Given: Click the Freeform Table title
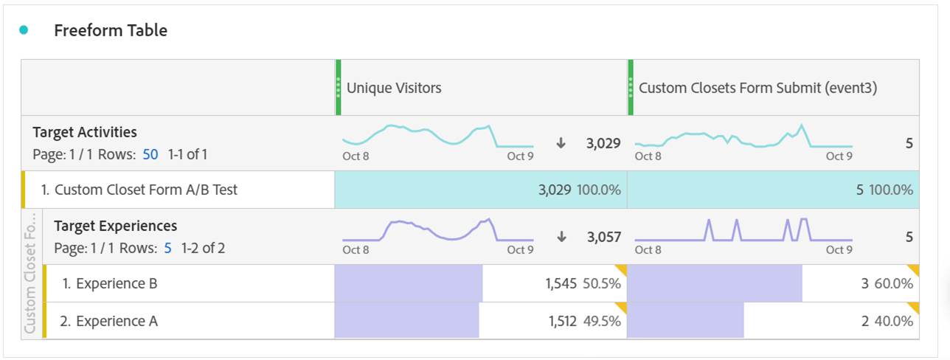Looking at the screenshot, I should click(x=111, y=30).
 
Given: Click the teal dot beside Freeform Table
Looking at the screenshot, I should click(x=24, y=30).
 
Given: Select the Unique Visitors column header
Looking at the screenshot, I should click(x=394, y=88).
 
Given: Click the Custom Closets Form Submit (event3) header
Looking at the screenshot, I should click(x=757, y=88).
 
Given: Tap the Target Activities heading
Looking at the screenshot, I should click(x=85, y=132).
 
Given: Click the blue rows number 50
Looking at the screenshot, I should click(x=150, y=155).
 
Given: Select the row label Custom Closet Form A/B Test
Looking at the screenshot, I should click(x=139, y=190).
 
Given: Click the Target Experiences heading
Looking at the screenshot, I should click(x=115, y=226).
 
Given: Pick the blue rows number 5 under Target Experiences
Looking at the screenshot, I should click(x=167, y=249).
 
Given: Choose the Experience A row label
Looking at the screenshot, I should click(x=109, y=321).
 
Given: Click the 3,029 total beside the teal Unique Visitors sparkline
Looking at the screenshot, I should click(x=603, y=143).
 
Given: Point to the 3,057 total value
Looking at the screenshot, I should click(x=603, y=237).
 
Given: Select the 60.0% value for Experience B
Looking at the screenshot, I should click(x=893, y=283).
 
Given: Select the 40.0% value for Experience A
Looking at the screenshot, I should click(x=893, y=321).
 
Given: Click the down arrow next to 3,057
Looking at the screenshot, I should click(x=561, y=237).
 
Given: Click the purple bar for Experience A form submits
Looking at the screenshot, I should click(x=685, y=321).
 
